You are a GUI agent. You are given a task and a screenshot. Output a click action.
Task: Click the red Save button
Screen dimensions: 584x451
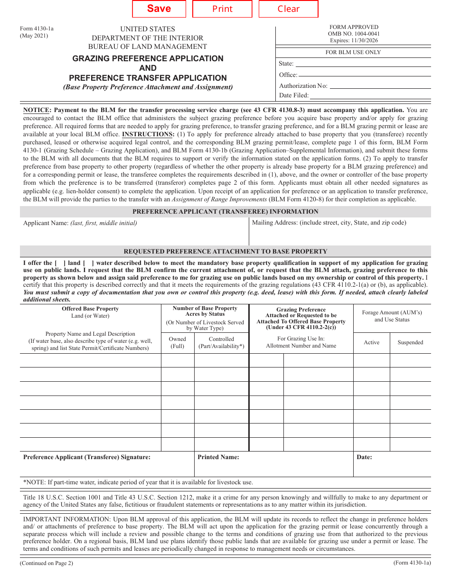tap(159, 9)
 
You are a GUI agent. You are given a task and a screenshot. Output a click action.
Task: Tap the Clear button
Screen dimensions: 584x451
tap(288, 9)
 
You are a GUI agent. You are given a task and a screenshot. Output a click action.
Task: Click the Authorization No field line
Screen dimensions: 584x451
tap(380, 87)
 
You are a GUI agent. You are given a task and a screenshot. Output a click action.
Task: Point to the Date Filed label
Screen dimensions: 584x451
tap(294, 95)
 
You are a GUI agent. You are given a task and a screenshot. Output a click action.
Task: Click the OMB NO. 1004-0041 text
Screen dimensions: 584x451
tap(354, 34)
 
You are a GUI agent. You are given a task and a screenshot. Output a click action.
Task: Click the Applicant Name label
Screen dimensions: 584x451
tap(46, 223)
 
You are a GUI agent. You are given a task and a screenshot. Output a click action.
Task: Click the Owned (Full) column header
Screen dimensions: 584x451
tap(178, 342)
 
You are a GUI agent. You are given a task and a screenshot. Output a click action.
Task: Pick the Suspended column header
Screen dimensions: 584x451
tap(410, 342)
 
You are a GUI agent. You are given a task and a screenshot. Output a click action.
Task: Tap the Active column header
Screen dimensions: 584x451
tap(371, 342)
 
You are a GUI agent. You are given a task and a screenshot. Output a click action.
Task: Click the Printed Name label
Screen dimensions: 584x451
tap(218, 457)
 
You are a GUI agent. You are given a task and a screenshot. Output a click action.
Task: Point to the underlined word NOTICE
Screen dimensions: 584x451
tap(37, 110)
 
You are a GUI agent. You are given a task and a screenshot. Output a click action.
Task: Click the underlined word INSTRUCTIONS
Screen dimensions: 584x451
tap(148, 134)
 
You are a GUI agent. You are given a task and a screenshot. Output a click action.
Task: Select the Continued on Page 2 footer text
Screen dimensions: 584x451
tap(47, 563)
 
